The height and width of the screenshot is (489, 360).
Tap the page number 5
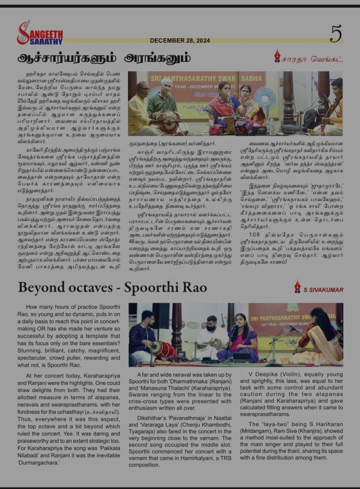(336, 33)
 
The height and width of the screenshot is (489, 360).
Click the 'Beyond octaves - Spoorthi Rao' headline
(112, 287)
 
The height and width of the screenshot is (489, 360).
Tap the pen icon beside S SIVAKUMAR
(297, 287)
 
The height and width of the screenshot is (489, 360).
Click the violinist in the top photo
(334, 107)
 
